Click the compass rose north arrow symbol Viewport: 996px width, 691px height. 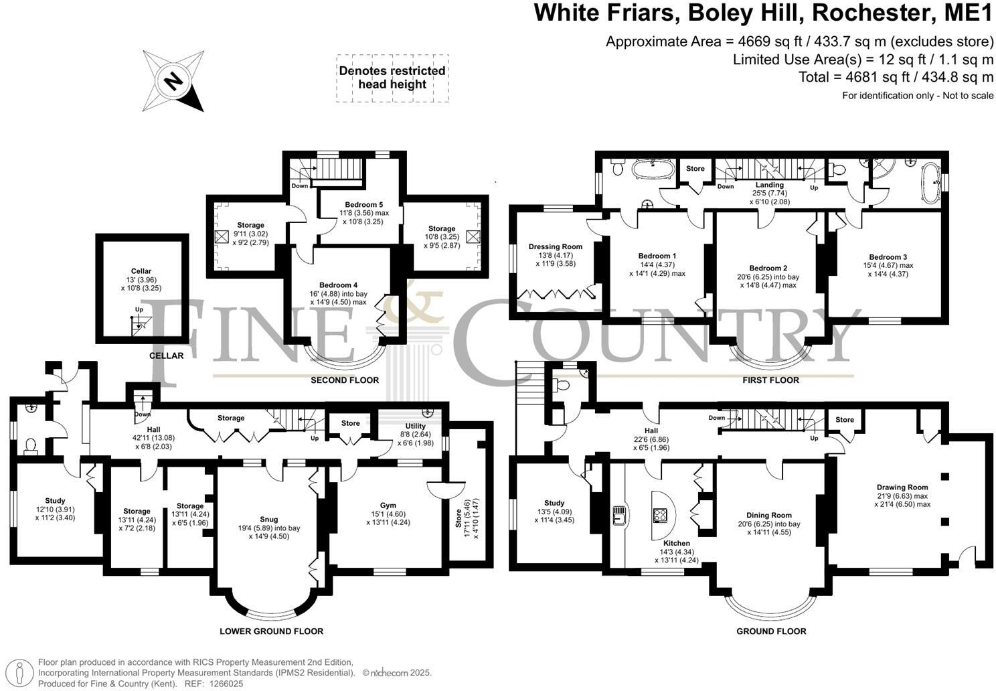173,81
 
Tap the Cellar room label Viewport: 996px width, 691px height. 141,271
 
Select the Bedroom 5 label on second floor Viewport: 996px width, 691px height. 363,204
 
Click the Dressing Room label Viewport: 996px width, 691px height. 555,246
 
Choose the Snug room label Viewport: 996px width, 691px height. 268,519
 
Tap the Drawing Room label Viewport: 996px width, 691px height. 902,487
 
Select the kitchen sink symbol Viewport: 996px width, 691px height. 618,514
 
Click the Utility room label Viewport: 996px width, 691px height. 415,426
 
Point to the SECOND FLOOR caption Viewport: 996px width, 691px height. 345,380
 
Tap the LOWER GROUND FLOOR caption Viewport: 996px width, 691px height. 272,631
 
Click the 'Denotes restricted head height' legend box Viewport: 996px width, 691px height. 392,78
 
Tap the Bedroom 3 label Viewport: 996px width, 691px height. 888,257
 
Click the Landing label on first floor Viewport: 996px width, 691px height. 769,185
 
